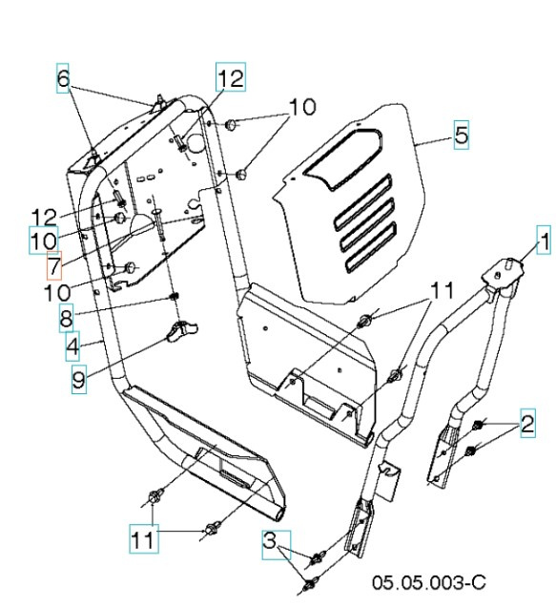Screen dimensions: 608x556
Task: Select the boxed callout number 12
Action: tap(229, 78)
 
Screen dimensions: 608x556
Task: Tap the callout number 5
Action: tap(461, 136)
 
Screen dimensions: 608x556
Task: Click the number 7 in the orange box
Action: tap(54, 262)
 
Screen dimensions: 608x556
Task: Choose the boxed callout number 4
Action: tap(72, 346)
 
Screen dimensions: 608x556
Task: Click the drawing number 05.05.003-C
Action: tap(429, 580)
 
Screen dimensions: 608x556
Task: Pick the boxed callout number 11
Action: tap(141, 539)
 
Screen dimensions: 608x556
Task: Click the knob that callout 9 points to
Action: tap(180, 331)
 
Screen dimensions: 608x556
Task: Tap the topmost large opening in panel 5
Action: tap(349, 157)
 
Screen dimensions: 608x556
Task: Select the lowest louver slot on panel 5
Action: tap(368, 250)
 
